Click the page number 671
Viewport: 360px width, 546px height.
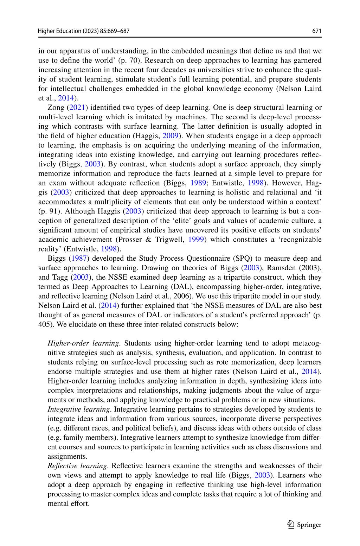[317, 31]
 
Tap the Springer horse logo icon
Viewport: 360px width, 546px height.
[291, 525]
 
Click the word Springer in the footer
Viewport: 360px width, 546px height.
[309, 525]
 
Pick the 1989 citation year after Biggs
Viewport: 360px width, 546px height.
[198, 183]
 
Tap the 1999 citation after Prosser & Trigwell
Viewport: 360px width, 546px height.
[195, 240]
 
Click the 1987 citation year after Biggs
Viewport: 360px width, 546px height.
[79, 259]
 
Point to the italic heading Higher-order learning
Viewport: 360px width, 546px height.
[84, 343]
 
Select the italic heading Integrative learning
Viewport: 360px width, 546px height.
[79, 409]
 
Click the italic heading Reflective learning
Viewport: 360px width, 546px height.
[77, 466]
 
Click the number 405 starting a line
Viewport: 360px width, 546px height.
[45, 324]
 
